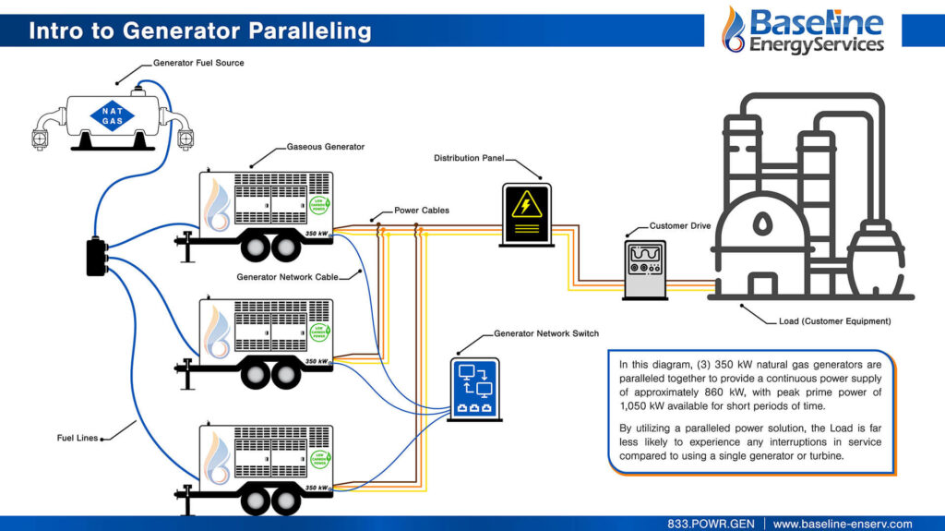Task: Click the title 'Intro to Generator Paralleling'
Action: (199, 30)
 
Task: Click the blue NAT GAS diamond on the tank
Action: (111, 115)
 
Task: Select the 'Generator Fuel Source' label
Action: (198, 64)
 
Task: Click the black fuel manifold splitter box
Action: (97, 257)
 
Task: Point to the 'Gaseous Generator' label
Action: (326, 147)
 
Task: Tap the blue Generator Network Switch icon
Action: (475, 386)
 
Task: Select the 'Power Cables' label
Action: (422, 211)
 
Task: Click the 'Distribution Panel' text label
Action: (470, 158)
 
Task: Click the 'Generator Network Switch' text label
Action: (546, 333)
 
